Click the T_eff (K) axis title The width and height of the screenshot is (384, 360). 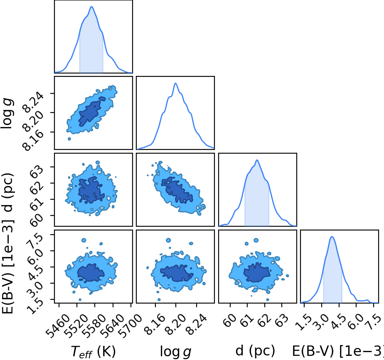coord(93,352)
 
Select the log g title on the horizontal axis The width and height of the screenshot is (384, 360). coord(175,352)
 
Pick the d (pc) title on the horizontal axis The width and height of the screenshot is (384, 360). coord(255,351)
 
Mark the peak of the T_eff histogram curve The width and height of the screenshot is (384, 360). coord(91,7)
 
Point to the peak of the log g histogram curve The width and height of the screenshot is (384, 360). coord(176,83)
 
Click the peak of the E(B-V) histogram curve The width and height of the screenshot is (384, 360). coord(332,237)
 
